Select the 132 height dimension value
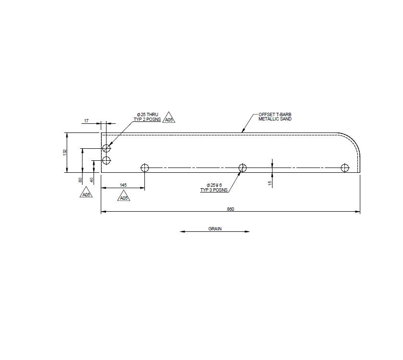tap(65, 152)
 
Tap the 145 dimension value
tap(123, 185)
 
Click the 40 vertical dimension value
tap(92, 180)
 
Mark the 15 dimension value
tap(270, 182)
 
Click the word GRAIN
tap(215, 229)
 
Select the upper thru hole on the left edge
tap(107, 148)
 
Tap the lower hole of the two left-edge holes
tap(107, 160)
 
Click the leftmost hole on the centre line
tap(145, 168)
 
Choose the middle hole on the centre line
tap(243, 168)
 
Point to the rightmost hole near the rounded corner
tap(344, 168)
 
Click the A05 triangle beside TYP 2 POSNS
tap(168, 118)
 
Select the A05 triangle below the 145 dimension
tap(124, 196)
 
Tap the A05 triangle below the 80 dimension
tap(86, 193)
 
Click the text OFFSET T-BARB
tap(275, 115)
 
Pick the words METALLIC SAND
tap(275, 119)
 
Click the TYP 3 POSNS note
tap(214, 190)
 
